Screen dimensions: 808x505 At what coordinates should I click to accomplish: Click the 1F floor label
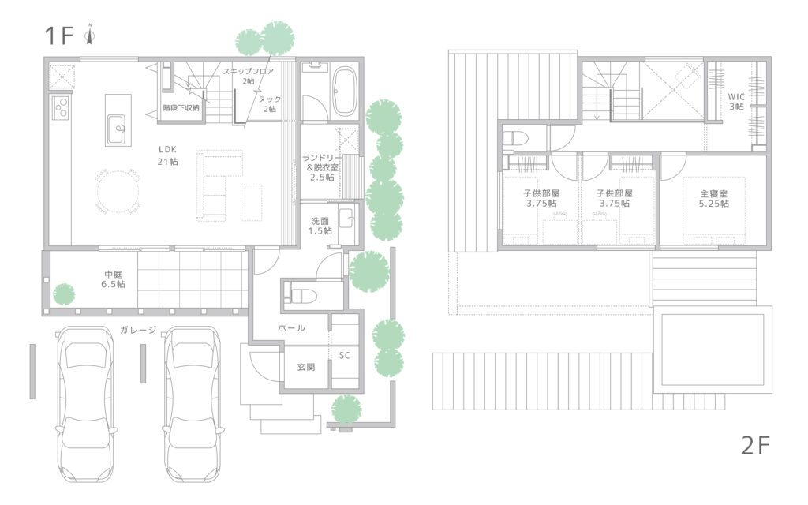click(x=58, y=36)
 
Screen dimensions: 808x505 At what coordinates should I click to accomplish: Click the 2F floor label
click(x=755, y=445)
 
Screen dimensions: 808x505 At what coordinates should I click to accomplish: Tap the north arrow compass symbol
click(x=90, y=35)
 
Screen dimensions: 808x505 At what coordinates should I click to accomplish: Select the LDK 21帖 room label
click(x=167, y=155)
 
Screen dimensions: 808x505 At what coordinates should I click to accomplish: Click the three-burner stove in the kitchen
click(x=61, y=107)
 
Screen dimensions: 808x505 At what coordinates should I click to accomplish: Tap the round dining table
click(x=118, y=192)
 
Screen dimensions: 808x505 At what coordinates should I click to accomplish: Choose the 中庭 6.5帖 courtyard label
click(x=113, y=279)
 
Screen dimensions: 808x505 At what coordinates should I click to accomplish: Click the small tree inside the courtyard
click(x=64, y=294)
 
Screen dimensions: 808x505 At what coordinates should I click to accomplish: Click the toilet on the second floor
click(x=515, y=138)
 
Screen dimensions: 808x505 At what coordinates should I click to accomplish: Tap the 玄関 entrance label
click(x=305, y=368)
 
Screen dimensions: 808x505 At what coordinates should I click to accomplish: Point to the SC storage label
click(x=344, y=356)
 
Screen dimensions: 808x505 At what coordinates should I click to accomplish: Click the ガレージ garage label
click(x=138, y=330)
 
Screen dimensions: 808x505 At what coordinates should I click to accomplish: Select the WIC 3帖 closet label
click(x=736, y=102)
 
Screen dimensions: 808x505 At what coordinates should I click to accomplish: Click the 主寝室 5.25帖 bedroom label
click(x=713, y=198)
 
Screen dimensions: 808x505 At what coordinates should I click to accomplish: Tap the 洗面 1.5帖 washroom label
click(x=320, y=226)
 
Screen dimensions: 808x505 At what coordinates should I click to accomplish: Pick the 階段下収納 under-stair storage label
click(x=181, y=107)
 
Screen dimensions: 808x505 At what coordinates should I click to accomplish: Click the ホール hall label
click(x=291, y=327)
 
